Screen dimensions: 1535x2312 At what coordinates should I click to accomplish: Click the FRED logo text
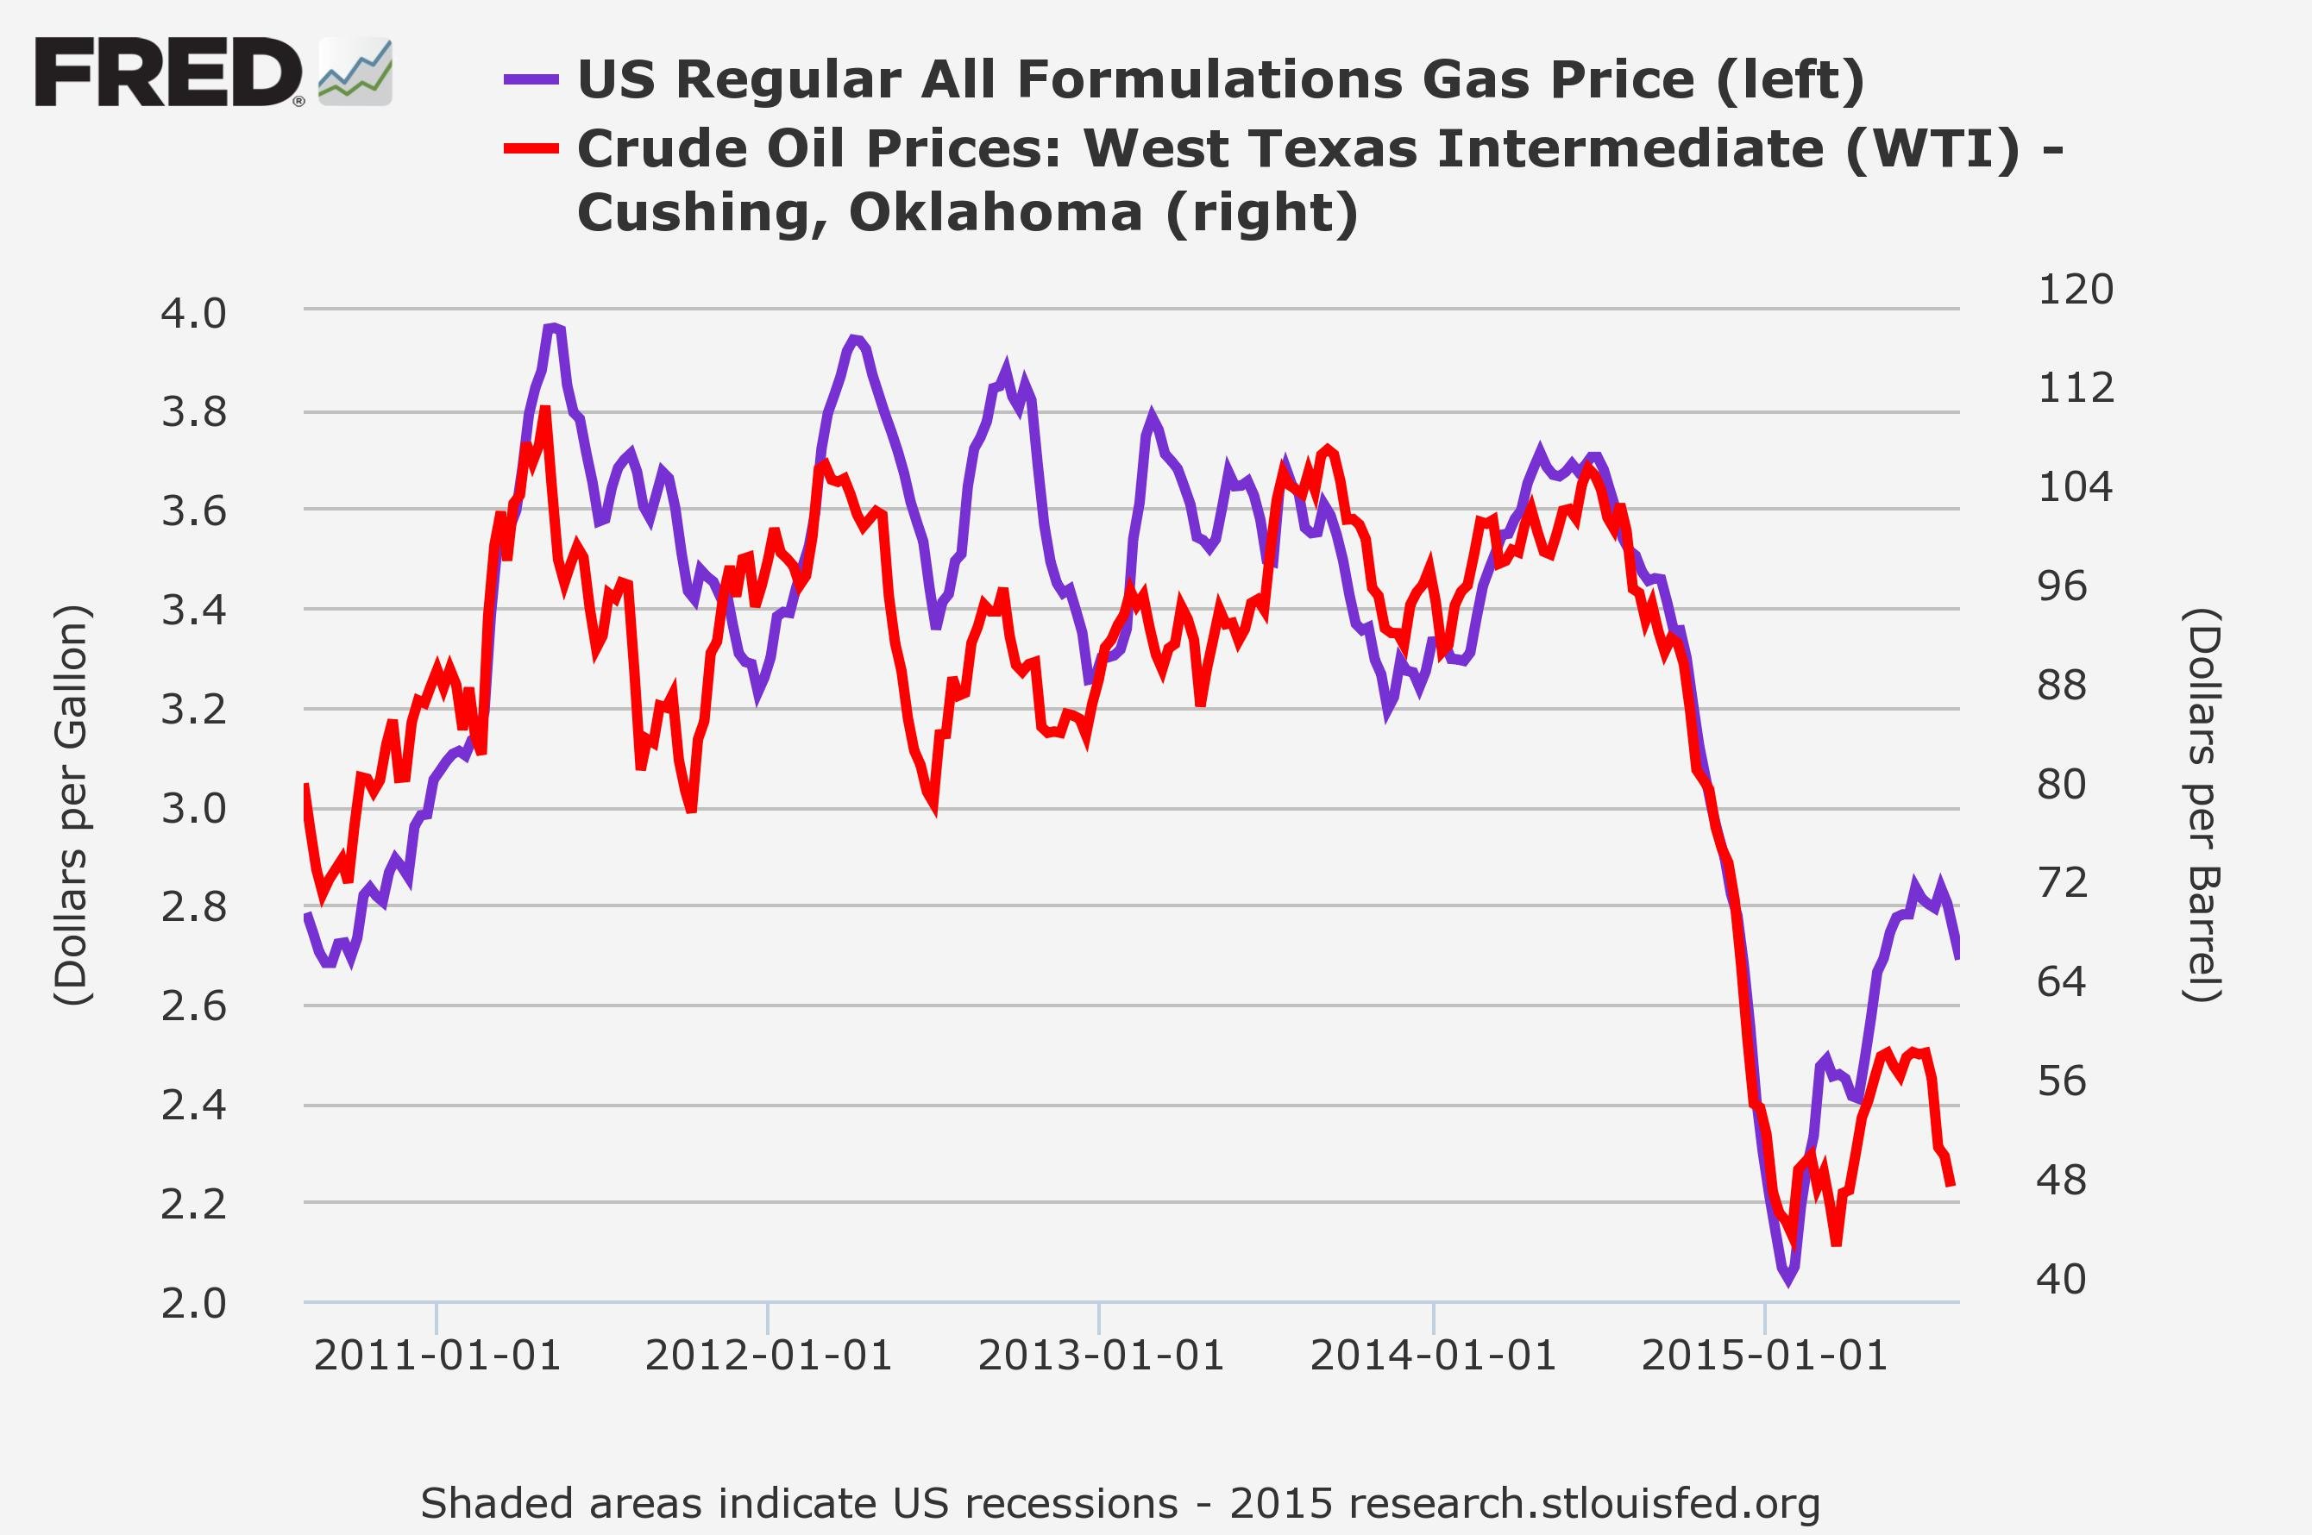168,72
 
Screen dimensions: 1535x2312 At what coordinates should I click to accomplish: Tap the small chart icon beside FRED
355,72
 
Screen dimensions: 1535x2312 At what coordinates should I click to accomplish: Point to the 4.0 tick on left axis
194,314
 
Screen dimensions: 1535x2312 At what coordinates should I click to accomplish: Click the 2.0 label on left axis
194,1304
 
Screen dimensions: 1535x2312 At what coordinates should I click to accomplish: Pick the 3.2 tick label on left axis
194,710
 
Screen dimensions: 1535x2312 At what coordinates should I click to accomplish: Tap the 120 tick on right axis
2075,290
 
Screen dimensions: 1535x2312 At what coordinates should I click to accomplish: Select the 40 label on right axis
2061,1280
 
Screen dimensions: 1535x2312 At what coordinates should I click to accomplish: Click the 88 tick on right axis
2061,686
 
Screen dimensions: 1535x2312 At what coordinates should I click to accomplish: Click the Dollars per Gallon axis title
72,805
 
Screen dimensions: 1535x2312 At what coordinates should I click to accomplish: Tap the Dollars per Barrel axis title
2203,805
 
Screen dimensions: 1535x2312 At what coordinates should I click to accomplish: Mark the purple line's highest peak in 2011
554,326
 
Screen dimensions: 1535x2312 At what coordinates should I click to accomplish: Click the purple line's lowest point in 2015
1788,1281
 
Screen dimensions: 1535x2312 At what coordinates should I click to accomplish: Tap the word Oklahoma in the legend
996,212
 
